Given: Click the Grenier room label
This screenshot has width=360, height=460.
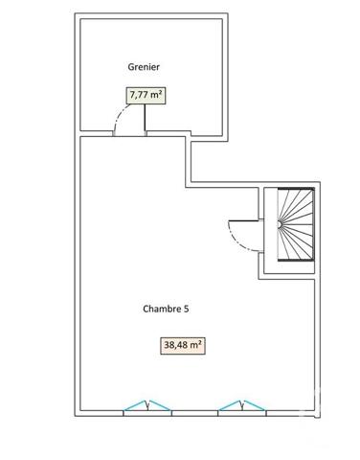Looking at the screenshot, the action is point(144,67).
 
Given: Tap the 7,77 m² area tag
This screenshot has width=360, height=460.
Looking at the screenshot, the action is point(145,95).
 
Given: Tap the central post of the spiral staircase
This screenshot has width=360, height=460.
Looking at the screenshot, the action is point(279,224).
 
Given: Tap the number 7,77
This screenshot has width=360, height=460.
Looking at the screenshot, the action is point(139,95).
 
